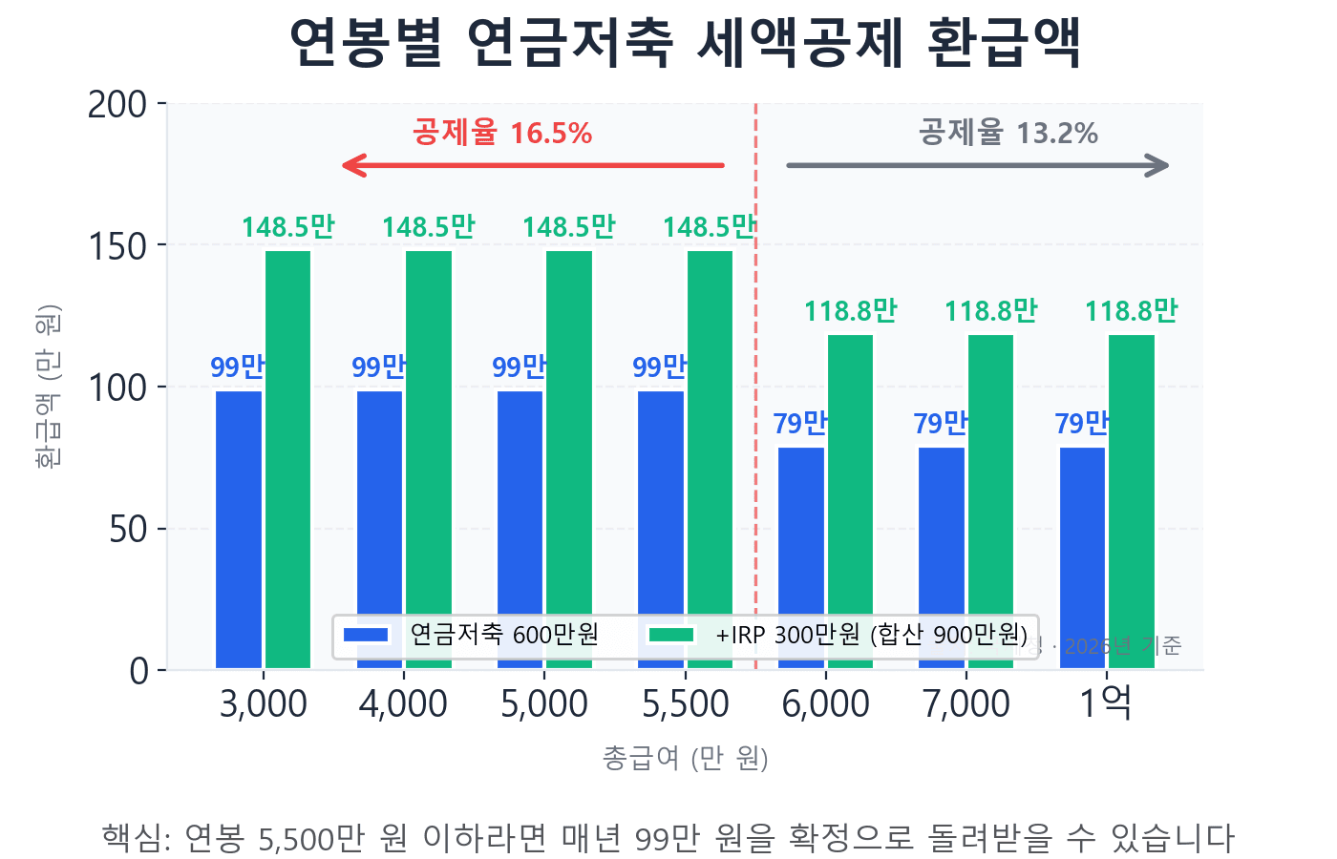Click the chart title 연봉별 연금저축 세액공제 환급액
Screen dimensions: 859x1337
[685, 43]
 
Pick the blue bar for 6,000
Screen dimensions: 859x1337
[801, 534]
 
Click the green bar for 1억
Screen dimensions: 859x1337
[1132, 477]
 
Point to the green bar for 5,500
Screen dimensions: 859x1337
[711, 429]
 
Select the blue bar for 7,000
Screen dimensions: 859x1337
[942, 534]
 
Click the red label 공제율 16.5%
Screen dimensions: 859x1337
[502, 133]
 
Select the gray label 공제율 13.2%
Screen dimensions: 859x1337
[1008, 133]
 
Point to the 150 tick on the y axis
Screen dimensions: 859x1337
[117, 246]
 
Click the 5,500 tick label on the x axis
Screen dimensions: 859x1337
[686, 704]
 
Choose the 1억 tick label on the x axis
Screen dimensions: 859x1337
[1106, 704]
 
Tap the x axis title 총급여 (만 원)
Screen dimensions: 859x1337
[685, 758]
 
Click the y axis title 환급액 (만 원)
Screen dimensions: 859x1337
[47, 386]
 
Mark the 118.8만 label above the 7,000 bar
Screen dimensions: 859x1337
[990, 311]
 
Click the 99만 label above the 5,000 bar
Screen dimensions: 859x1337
[519, 367]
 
